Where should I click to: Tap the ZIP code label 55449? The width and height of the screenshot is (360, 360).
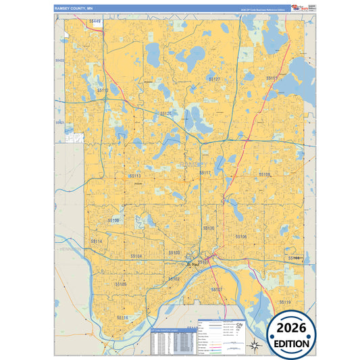94,22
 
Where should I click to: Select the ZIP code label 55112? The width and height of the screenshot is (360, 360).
103,90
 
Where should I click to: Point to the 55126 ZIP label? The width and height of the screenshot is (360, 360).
166,113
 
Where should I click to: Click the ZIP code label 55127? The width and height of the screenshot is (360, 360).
214,79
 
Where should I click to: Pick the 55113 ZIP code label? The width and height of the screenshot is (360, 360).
134,175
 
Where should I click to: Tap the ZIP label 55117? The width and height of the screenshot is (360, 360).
205,173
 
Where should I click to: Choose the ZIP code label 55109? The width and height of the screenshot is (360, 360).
265,174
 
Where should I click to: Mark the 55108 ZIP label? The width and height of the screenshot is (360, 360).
113,220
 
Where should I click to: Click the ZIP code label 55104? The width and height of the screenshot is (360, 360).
136,257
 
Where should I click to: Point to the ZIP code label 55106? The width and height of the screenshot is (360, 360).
241,236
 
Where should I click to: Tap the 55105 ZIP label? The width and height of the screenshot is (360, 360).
120,284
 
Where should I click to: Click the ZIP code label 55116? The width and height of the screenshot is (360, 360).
122,317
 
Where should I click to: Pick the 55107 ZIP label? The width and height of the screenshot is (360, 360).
216,289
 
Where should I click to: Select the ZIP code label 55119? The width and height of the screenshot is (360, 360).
285,302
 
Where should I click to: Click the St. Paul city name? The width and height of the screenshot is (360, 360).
193,264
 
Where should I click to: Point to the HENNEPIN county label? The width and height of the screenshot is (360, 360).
70,249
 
